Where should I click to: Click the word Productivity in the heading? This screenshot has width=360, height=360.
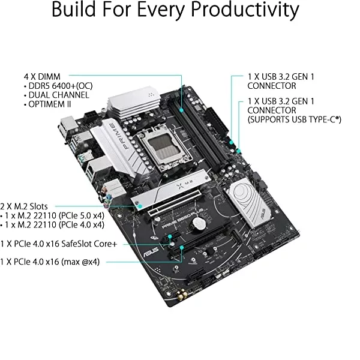(245, 10)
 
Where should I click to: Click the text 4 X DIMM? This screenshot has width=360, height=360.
(42, 76)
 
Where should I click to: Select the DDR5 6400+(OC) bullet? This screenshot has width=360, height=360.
(58, 86)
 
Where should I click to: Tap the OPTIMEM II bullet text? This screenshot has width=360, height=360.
(47, 104)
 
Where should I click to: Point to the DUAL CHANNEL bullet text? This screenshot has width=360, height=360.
(56, 95)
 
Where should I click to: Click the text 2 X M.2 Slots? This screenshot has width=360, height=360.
(24, 206)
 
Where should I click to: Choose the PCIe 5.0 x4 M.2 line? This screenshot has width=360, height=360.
(52, 215)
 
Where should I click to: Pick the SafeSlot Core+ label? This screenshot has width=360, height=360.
(59, 244)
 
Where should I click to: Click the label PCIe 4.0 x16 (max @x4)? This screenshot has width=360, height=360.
(50, 262)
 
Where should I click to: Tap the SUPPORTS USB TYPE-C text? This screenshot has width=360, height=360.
(295, 119)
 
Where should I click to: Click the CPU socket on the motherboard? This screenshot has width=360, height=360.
(165, 146)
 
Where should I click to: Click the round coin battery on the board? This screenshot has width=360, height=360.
(199, 224)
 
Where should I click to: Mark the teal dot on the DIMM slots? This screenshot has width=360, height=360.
(181, 110)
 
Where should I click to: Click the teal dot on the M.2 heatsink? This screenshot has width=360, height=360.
(140, 206)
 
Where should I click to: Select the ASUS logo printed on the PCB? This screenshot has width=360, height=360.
(151, 252)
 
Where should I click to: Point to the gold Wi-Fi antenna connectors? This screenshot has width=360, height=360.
(181, 295)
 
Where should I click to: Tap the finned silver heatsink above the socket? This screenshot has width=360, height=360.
(134, 103)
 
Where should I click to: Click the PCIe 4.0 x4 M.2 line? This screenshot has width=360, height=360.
(52, 225)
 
